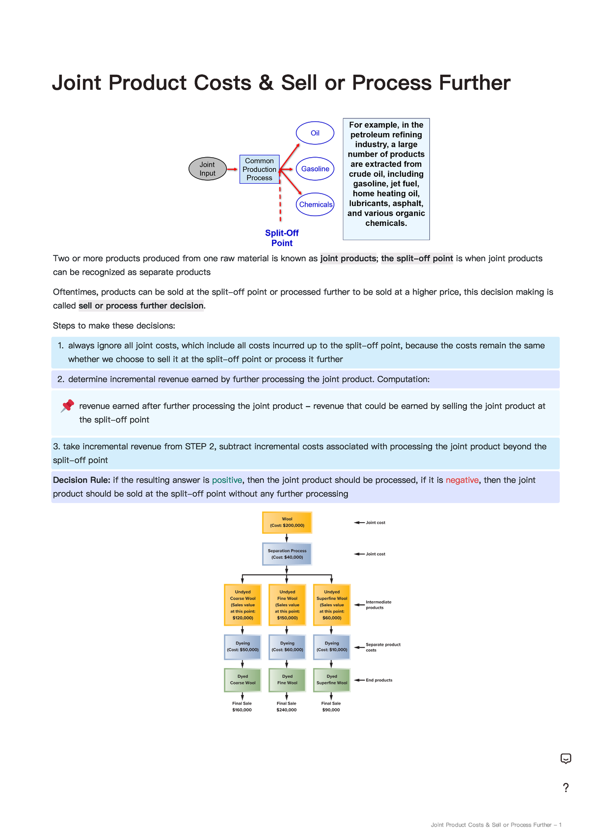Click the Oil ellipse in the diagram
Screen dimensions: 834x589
315,133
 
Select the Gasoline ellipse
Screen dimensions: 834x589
315,169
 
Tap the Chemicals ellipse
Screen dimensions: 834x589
315,204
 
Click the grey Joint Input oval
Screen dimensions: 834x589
208,169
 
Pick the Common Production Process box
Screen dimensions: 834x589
259,169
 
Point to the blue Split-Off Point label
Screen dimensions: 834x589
282,238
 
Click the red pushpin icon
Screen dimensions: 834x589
67,406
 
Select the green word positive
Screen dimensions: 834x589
227,480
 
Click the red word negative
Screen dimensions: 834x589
462,480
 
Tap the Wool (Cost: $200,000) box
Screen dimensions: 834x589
287,522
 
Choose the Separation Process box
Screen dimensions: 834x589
287,554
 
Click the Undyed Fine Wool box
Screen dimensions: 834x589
287,605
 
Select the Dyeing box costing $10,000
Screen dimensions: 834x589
332,646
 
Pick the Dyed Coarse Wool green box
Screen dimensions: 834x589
242,680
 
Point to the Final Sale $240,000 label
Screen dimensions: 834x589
287,707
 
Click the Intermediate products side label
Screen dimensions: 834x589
378,605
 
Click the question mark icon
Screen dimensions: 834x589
566,788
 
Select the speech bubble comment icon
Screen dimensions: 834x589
566,758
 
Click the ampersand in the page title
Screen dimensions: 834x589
266,83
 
